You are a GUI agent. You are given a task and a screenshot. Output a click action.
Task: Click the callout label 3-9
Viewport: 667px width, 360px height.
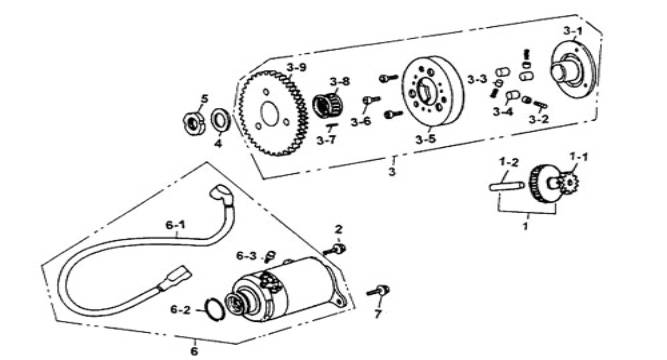(296, 67)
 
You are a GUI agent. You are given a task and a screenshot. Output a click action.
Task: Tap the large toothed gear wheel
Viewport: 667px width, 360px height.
(271, 113)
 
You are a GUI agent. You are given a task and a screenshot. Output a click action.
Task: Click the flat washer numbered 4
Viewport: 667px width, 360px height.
(220, 121)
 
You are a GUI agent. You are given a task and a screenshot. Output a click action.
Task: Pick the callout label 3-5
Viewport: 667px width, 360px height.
(426, 139)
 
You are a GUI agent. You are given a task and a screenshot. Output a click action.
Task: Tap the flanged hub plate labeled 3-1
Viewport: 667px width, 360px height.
(572, 69)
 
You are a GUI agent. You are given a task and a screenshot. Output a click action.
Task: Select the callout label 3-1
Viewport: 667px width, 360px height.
(573, 31)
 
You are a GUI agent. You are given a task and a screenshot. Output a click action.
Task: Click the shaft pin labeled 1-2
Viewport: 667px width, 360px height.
(507, 186)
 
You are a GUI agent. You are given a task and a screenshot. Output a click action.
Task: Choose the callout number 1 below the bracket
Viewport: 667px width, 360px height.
(526, 225)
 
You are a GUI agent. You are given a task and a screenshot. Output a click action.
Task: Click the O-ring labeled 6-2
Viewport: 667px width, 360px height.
(215, 309)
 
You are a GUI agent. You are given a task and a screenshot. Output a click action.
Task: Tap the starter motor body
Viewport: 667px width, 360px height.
(285, 289)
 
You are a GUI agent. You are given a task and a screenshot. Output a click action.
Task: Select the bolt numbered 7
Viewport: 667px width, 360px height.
(378, 291)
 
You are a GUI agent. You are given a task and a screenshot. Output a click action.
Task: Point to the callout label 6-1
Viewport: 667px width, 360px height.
(176, 225)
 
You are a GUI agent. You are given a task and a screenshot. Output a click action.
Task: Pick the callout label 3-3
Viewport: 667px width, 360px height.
(477, 79)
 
